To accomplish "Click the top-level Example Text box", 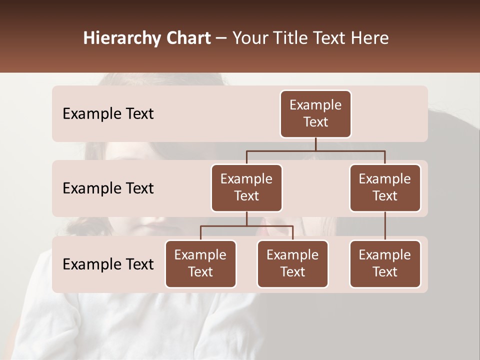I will coord(315,114).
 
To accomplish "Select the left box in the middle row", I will coord(246,188).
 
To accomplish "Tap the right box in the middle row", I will coord(385,188).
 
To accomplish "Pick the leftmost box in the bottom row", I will coord(200,264).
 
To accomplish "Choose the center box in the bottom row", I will coord(292,264).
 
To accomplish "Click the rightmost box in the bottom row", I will coord(385,264).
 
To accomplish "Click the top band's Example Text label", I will coord(108,114).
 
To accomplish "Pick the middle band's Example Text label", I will coord(108,188).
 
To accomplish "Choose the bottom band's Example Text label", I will coord(108,264).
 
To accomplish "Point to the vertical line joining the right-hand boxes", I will coord(385,226).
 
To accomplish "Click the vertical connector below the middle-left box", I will coord(246,218).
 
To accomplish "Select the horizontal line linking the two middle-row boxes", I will coord(315,150).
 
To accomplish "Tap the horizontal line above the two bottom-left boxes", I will coord(246,226).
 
